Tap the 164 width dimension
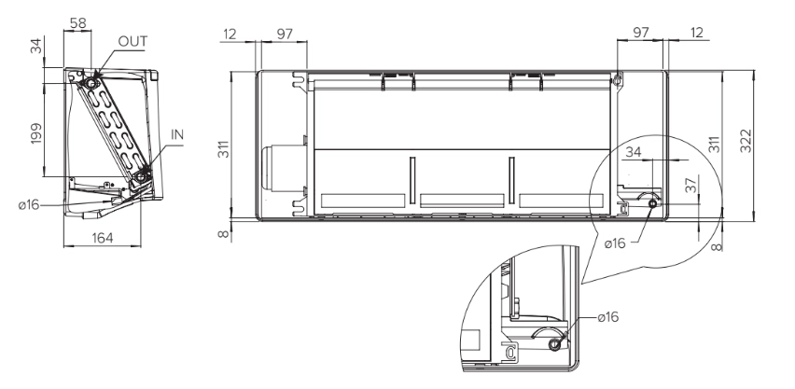click(x=103, y=238)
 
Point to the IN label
click(x=176, y=134)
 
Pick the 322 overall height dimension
click(x=746, y=139)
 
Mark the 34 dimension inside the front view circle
click(x=635, y=152)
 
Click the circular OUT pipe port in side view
click(x=92, y=83)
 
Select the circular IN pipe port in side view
click(x=141, y=174)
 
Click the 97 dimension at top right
click(x=641, y=34)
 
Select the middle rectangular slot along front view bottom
click(x=463, y=200)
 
